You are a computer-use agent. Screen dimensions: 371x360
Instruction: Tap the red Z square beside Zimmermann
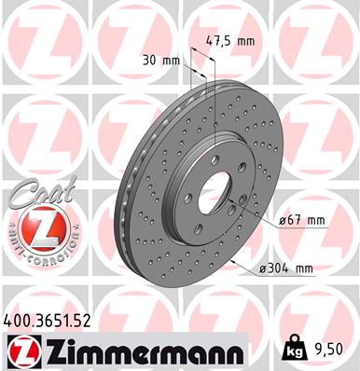click(x=20, y=351)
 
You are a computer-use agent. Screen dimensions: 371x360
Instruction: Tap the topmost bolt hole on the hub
click(x=218, y=153)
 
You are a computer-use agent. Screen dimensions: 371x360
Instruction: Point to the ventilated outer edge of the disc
click(x=126, y=200)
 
